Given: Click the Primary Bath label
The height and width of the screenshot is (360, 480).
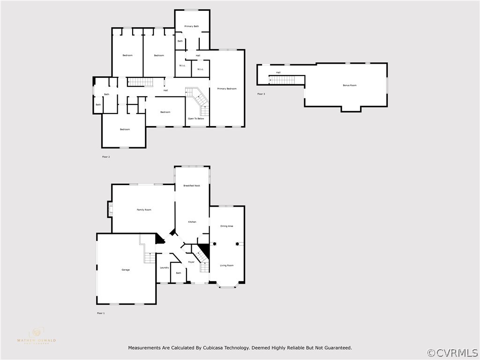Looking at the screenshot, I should pos(191,26).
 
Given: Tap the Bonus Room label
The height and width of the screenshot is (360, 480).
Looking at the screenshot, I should pos(350,85).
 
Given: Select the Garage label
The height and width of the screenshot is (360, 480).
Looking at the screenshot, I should pos(126,270).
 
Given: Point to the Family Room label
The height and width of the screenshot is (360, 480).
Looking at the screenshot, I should pos(144,210).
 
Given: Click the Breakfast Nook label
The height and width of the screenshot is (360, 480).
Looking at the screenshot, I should pos(191,186).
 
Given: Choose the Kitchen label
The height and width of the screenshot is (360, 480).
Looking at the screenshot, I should pos(192,222).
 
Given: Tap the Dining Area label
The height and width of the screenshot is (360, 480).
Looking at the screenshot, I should pos(227,226).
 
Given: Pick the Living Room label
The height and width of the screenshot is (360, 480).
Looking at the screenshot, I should pos(227,265).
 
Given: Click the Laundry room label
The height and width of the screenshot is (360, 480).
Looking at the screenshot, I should pos(164,268).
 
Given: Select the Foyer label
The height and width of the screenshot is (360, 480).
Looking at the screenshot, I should pos(191,262).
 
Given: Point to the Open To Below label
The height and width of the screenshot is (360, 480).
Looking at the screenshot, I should pos(196,119).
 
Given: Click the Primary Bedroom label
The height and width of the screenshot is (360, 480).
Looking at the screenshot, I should pos(227,89).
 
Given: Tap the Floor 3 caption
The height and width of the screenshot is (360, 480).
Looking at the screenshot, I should pos(261,94).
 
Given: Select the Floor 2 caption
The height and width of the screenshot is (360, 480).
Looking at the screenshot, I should pos(106,157).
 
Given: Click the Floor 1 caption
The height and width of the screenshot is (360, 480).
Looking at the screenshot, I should pos(101,313).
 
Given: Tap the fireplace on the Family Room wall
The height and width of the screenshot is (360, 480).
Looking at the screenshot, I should pos(111,209).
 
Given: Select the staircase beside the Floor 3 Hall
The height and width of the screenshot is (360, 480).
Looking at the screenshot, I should pos(282,80).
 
